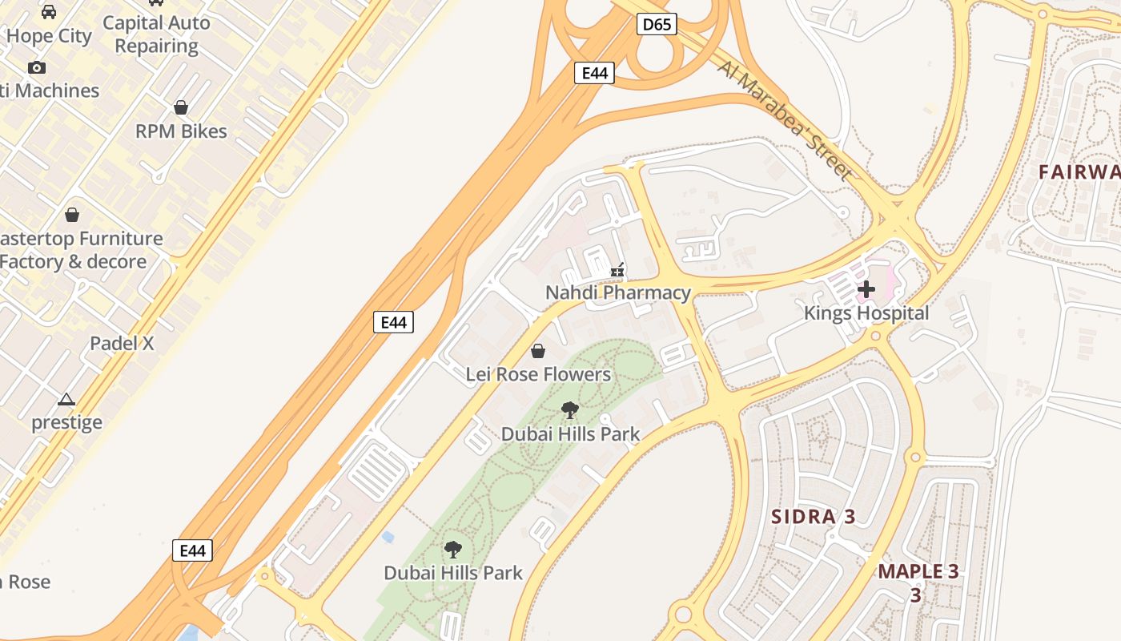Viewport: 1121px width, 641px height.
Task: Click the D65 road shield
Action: coord(657,25)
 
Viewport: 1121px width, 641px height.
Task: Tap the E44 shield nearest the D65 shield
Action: coord(594,73)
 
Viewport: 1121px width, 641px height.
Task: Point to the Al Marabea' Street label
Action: coord(786,119)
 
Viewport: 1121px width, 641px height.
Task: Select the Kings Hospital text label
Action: coord(866,313)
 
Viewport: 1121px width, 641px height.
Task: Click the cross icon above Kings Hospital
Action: coord(866,289)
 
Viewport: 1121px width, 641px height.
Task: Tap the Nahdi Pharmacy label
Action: coord(617,293)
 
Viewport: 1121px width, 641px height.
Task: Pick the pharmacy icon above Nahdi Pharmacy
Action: coord(617,271)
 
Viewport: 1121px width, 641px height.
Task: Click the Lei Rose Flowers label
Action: coord(538,374)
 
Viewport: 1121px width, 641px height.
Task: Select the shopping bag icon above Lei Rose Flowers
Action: coord(538,351)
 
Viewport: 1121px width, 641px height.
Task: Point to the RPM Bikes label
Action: coord(181,131)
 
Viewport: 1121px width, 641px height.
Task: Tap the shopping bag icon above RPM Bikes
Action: coord(181,107)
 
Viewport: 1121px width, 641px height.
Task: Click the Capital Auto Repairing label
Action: coord(157,34)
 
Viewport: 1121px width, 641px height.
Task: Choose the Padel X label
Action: coord(122,344)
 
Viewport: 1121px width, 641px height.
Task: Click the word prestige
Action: coord(67,422)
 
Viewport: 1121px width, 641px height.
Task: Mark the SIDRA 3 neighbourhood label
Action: coord(814,517)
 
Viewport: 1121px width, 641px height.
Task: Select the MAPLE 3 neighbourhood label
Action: coord(918,572)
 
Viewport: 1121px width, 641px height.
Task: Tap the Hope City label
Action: coord(49,36)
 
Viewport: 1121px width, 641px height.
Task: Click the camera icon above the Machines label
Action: coord(37,68)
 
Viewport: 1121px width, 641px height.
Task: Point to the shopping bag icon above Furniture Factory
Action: coord(72,215)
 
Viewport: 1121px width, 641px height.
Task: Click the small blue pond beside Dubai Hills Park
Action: coord(388,536)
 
